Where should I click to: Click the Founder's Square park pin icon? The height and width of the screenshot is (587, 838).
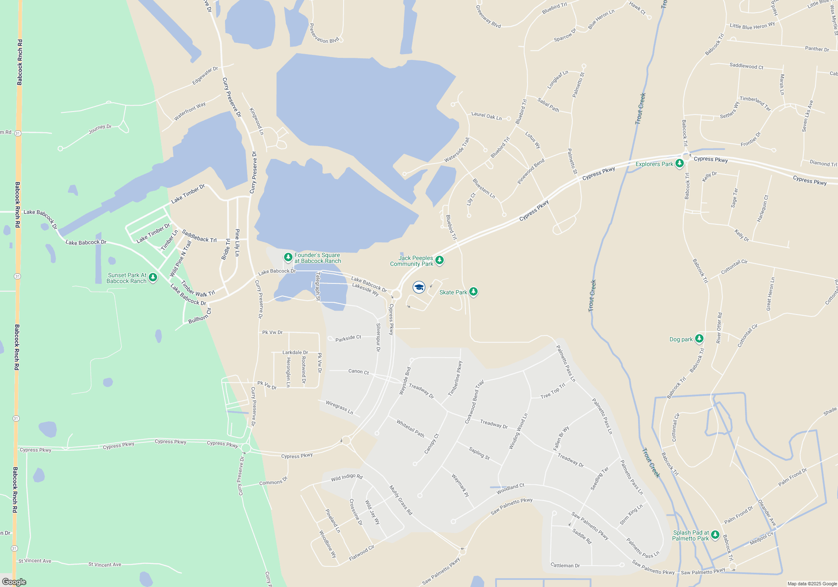[288, 257]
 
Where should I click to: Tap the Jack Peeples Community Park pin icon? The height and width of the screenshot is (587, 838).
[439, 260]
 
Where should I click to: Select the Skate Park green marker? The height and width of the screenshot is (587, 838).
[473, 291]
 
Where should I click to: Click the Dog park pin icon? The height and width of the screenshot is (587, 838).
[699, 338]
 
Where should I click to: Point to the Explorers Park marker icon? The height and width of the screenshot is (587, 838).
[679, 164]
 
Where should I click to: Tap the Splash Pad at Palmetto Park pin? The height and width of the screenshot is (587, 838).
[715, 535]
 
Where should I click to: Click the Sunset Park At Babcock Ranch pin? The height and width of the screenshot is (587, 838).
[153, 277]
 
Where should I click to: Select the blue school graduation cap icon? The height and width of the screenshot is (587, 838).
[419, 287]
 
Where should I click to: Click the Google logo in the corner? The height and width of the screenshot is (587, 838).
[14, 582]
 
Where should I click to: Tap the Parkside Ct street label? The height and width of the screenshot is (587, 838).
[348, 338]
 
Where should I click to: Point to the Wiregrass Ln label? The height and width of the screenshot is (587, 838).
[339, 407]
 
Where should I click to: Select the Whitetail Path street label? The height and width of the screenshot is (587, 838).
[411, 428]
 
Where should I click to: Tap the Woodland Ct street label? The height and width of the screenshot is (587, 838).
[510, 488]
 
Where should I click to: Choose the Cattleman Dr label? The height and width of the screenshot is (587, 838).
[565, 566]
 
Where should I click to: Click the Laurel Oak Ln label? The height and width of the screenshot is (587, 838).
[486, 116]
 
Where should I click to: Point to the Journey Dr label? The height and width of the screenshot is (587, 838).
[100, 129]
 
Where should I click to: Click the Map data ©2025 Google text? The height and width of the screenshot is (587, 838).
[812, 584]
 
